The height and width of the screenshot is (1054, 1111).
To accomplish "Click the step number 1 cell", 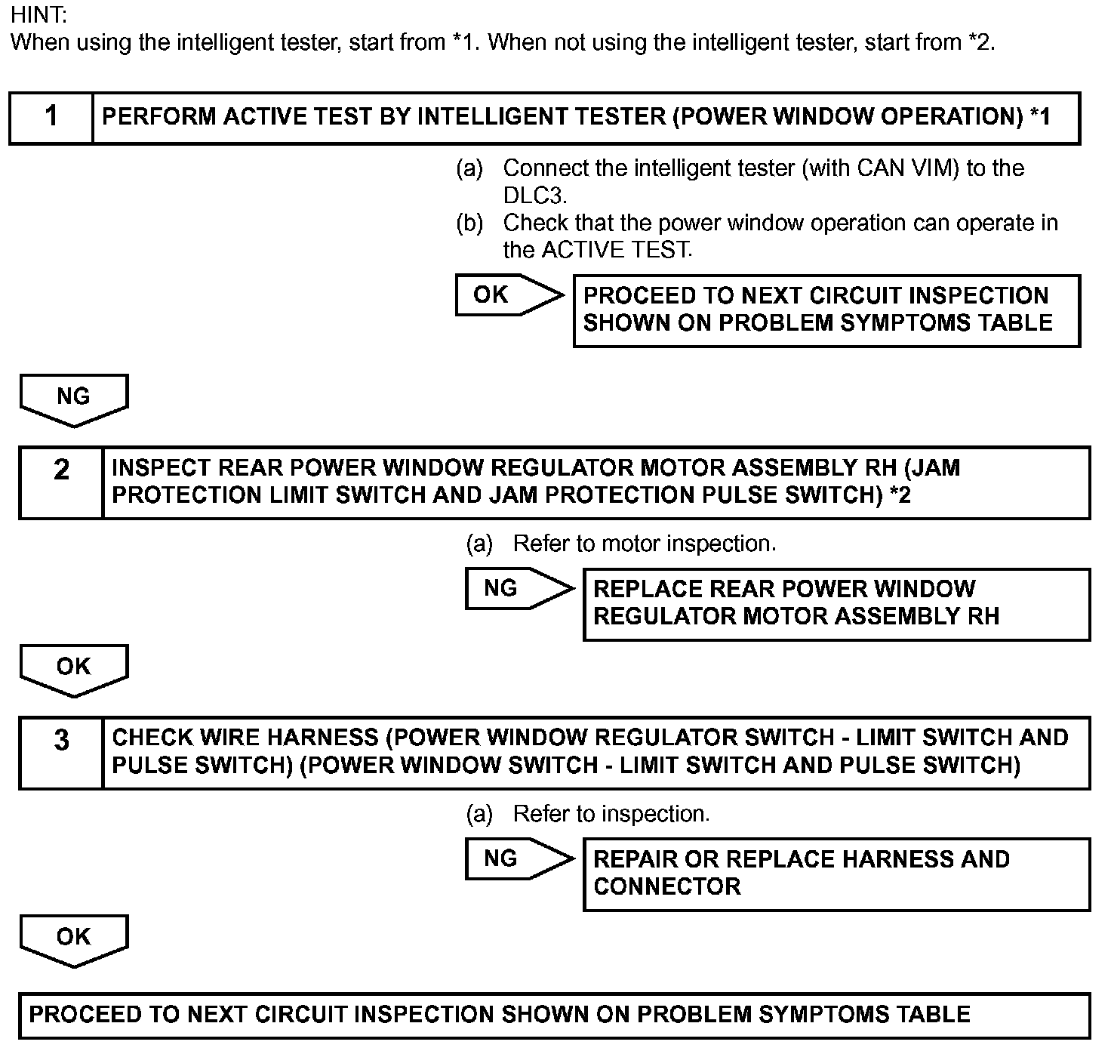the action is point(51,119).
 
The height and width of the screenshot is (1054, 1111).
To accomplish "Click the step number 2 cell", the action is point(61,483).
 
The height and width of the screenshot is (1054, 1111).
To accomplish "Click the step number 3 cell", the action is point(61,754).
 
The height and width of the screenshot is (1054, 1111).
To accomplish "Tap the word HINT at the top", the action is point(38,15).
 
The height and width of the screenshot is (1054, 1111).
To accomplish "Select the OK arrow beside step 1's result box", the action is point(509,295).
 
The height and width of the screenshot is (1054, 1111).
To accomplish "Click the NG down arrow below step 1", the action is point(74,400).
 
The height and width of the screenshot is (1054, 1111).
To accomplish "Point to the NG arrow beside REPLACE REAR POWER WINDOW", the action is point(519,589).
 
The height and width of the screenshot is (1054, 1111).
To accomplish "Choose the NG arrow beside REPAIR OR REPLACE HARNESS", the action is point(519,859).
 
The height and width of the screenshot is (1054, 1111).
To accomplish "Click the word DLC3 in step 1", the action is point(534,196).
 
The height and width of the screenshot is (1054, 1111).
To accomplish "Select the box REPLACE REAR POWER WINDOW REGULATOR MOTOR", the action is point(836,605).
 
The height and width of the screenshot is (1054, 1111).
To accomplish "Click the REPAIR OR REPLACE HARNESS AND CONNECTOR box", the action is point(836,875).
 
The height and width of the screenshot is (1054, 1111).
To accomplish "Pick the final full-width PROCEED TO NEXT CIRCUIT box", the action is point(555,1015).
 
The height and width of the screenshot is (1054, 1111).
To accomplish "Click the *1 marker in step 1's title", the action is point(1040,116).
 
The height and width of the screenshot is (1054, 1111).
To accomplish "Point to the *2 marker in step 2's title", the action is point(900,495).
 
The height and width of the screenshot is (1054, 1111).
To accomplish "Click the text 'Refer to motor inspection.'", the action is point(645,544).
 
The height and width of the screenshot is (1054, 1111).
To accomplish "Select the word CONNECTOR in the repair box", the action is point(666,886).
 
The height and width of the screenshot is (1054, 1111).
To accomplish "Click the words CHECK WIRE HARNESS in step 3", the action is point(245,738).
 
